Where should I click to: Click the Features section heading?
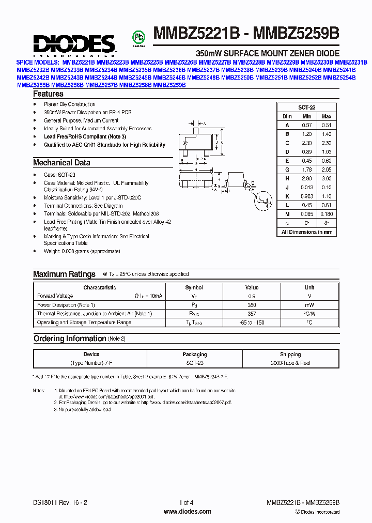coord(48,94)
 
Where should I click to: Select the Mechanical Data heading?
coord(61,162)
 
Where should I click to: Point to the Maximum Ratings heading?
coord(64,274)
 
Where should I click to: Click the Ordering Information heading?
coord(70,339)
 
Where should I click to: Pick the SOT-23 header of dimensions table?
coord(306,108)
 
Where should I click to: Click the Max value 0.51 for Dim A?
coord(326,125)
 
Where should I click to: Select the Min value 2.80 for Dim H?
coord(307,178)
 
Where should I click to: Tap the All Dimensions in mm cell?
coord(306,233)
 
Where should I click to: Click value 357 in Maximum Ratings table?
coord(252,314)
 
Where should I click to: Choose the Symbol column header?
coord(194,287)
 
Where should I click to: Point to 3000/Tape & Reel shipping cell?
coord(290,363)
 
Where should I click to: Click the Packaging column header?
coord(194,355)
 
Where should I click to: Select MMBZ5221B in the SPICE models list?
coord(79,61)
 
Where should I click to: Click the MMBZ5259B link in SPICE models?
coord(169,84)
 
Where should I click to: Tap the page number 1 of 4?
coord(186,503)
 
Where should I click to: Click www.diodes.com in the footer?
coord(187,512)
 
